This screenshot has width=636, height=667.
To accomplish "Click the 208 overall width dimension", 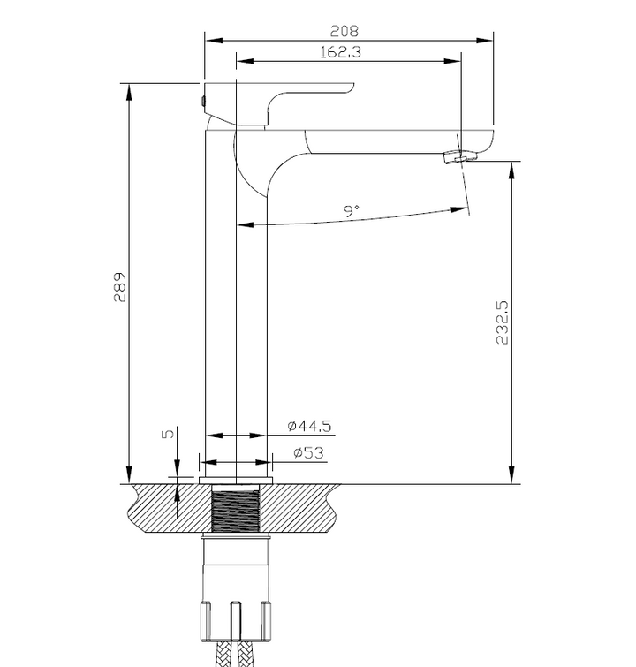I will click(349, 28).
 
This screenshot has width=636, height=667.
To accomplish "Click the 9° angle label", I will click(352, 211).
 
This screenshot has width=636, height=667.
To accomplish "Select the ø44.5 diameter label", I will click(309, 426).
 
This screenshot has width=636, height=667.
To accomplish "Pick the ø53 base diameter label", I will click(306, 452).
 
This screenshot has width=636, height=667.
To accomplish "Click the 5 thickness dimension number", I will click(164, 435).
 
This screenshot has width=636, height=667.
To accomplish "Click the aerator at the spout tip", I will click(457, 157).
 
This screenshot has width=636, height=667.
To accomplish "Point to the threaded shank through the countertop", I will click(237, 510).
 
